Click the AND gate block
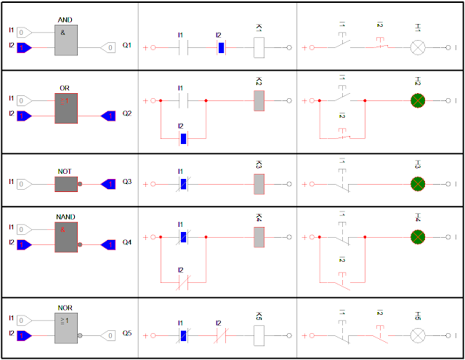pos(66,39)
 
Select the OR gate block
pos(66,107)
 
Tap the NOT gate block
pos(66,183)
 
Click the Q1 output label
pos(127,46)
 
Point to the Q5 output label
pos(127,335)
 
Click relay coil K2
pos(259,101)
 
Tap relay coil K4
pos(259,237)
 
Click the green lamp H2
pos(418,101)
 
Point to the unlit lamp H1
pos(418,48)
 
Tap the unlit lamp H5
pos(418,335)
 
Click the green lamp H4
pos(418,237)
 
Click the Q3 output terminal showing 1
pos(109,183)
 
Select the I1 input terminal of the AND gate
pos(24,32)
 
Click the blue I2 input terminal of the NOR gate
pos(24,335)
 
